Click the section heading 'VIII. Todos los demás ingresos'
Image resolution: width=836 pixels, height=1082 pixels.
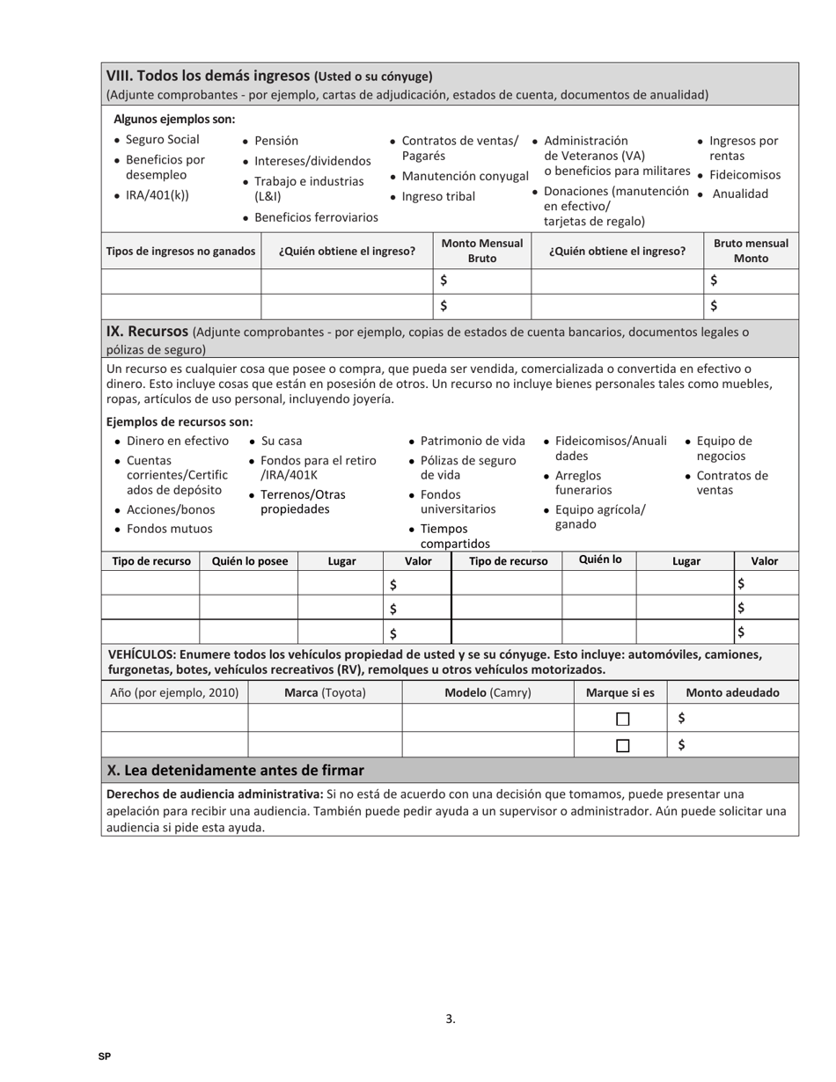(208, 76)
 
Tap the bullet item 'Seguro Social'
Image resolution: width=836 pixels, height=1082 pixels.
(162, 140)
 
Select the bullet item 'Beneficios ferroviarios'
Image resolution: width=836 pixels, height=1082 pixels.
(316, 217)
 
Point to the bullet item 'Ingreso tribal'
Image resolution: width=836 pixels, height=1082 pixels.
(437, 196)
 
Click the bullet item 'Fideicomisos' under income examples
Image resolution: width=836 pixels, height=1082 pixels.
(744, 174)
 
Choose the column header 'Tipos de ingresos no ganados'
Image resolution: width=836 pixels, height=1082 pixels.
(180, 251)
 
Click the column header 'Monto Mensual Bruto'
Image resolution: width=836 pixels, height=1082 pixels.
(481, 251)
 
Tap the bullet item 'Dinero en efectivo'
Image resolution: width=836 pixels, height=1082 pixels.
(177, 441)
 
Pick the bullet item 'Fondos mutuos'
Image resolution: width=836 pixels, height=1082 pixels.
(169, 529)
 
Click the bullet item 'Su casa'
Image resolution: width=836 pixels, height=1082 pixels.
(282, 441)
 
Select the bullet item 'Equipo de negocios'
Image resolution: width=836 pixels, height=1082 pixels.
(723, 448)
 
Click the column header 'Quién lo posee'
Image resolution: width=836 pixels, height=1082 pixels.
(250, 561)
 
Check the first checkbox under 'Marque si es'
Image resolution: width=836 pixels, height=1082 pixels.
(622, 719)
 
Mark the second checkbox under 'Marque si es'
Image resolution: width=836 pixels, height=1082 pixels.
(622, 746)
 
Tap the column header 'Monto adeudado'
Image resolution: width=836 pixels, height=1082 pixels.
(732, 692)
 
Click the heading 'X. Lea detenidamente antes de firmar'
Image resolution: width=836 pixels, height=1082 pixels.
(235, 771)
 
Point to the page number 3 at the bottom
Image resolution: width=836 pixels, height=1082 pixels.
(450, 1020)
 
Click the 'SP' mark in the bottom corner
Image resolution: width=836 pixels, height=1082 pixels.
(105, 1056)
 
